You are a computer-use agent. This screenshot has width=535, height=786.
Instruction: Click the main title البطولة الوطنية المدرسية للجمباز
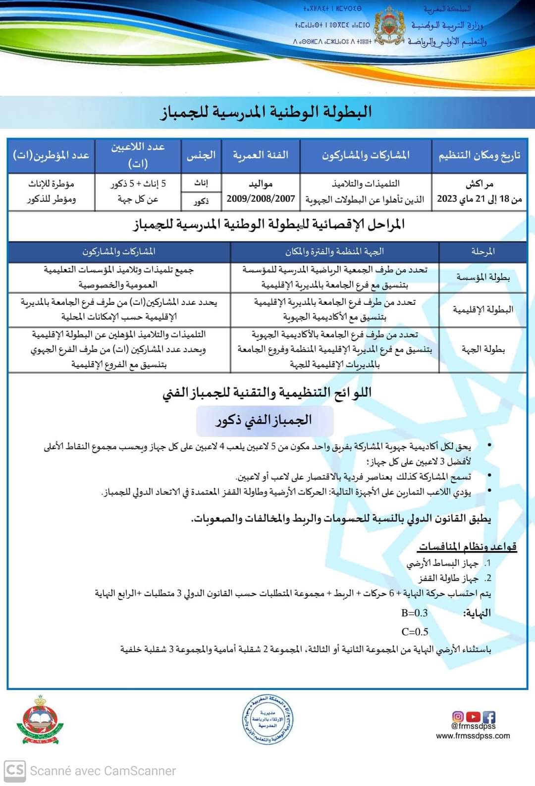coord(266,112)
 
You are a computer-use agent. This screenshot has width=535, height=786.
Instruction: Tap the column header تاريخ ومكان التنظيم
coord(479,156)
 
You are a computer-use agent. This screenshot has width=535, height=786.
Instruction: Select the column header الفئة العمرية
coord(261,155)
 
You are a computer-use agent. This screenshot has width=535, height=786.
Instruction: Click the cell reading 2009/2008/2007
coord(261,199)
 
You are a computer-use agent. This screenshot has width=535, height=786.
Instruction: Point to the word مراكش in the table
coord(480,184)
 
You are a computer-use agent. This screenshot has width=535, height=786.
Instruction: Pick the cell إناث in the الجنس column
coord(201,183)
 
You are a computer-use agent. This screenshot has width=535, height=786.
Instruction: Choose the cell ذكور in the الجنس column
coord(201,201)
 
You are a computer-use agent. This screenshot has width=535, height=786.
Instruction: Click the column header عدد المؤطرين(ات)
coord(51,155)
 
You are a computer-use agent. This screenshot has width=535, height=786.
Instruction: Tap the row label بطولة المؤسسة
coord(483,277)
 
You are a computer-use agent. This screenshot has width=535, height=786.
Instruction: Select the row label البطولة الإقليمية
coord(483,310)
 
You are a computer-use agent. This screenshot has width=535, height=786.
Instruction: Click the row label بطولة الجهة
coord(483,349)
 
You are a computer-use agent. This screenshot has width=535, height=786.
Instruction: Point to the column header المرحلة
coord(483,251)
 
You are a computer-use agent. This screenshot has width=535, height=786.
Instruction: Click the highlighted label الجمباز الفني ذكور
coord(264,421)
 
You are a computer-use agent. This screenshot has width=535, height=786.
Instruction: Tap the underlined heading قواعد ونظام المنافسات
coord(468,547)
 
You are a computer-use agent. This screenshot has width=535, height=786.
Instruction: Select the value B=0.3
coord(415,613)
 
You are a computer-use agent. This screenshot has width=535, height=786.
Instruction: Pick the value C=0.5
coord(415,632)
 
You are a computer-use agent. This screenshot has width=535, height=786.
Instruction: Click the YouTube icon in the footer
coord(473,717)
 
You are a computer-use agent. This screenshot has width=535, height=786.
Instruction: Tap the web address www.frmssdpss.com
coord(473,736)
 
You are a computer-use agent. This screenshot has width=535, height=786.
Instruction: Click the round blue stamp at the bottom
coord(267,720)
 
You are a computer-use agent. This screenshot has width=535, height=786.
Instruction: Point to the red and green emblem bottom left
coord(40,721)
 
